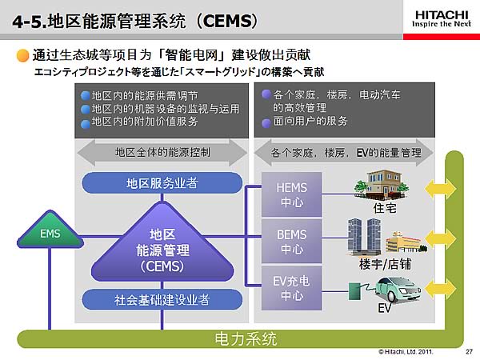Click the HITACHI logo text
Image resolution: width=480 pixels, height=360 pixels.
point(442,15)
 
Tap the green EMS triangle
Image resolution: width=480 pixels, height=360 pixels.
point(50,230)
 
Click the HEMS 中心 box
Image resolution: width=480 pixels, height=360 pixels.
point(291,194)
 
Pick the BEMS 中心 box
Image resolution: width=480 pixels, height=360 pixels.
point(291,242)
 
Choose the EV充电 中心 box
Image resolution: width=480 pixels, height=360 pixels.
point(291,288)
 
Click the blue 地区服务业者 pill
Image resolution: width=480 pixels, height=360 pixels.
point(162,183)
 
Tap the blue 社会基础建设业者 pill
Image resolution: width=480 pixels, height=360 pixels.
point(162,300)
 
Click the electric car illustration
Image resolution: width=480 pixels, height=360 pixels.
point(398,290)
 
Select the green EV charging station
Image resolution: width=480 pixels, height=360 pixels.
point(355,291)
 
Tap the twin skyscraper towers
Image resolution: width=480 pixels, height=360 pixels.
point(364,236)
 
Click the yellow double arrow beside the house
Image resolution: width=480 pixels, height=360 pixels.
point(441,189)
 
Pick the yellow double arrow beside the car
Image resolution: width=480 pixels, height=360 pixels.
point(441,289)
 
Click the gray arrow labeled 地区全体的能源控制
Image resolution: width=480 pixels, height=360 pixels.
point(162,153)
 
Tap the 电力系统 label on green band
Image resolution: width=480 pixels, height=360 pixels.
point(246,339)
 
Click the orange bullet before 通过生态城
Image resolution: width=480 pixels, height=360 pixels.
point(23,55)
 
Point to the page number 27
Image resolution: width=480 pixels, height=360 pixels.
point(469,352)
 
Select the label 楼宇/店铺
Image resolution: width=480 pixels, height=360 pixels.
point(385,264)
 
